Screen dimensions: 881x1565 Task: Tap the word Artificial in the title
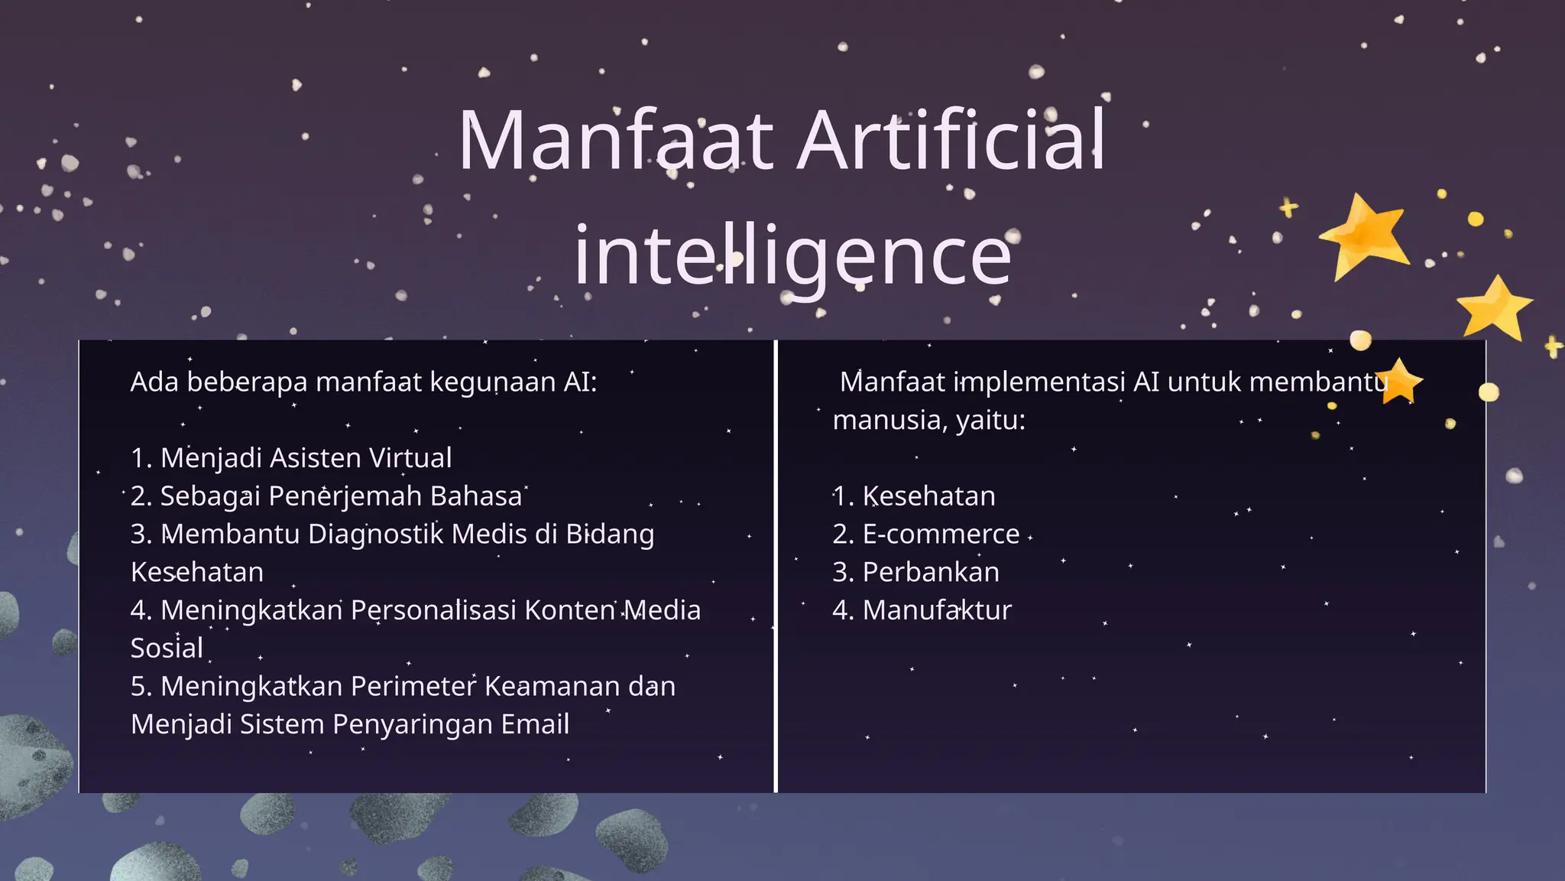coord(951,141)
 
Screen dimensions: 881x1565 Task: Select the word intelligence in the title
coord(792,256)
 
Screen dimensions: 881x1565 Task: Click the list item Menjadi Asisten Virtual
coord(291,458)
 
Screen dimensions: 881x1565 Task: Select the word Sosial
coord(167,649)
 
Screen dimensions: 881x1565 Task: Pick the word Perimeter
coord(413,687)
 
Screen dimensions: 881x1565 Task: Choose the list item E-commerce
coord(941,534)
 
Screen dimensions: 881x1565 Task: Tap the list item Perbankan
coord(931,572)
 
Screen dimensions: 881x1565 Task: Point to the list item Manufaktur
coord(937,610)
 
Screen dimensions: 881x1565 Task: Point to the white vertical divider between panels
coord(776,566)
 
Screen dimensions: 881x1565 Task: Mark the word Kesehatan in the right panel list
coord(928,496)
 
